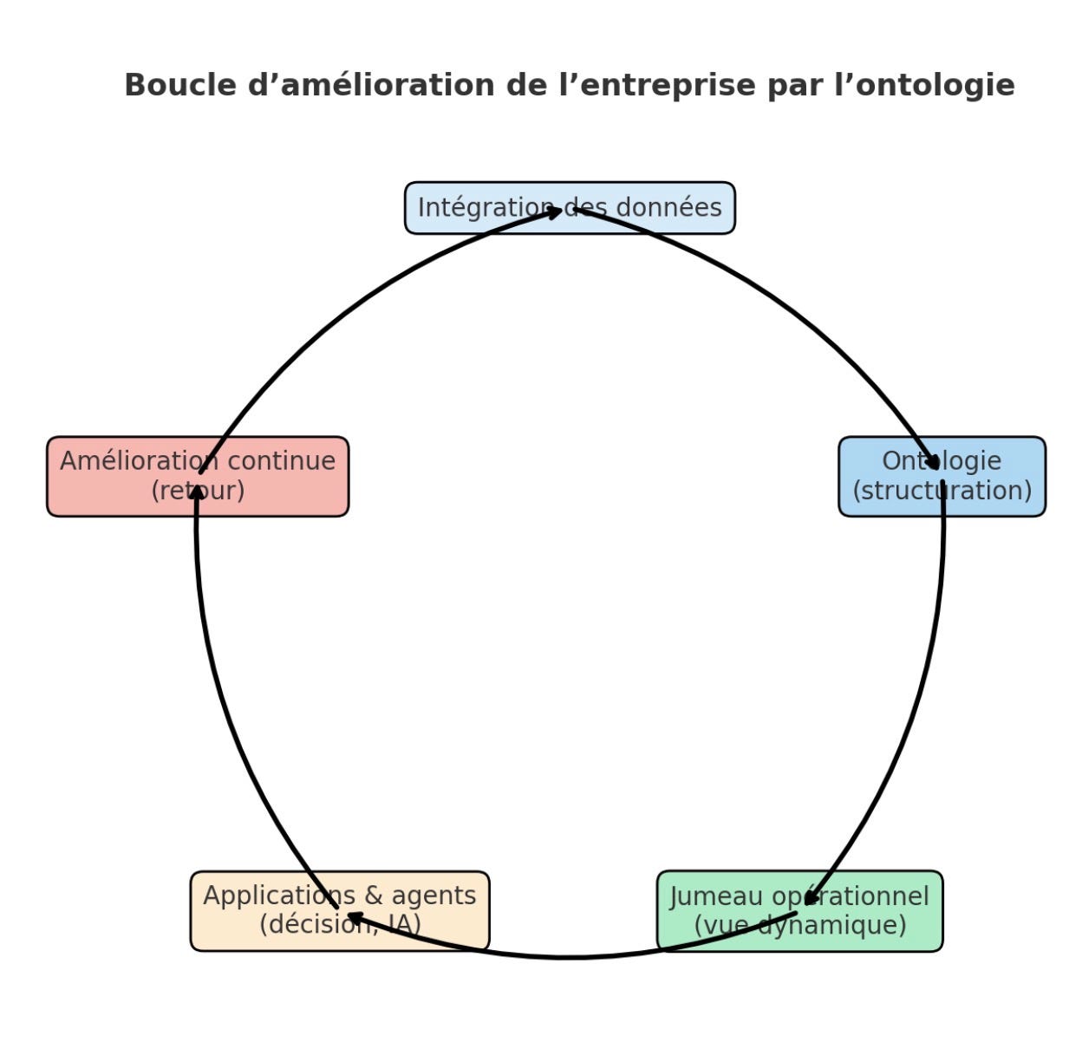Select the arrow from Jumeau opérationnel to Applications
[x=564, y=956]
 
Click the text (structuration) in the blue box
[x=942, y=491]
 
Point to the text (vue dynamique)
[x=799, y=925]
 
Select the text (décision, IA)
[x=340, y=925]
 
